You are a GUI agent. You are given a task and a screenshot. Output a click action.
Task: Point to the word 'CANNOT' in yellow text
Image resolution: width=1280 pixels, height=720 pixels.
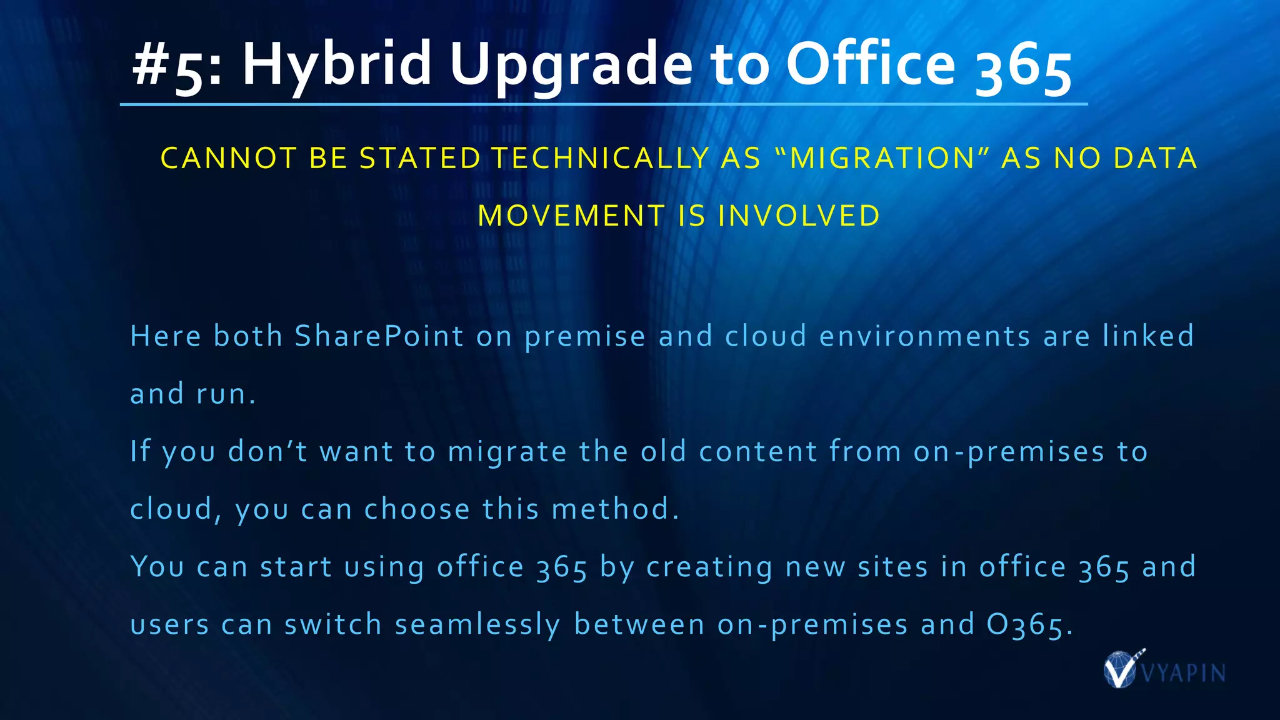(x=229, y=158)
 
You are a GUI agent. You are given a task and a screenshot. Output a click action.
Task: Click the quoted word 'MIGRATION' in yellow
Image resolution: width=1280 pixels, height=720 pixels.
(x=882, y=158)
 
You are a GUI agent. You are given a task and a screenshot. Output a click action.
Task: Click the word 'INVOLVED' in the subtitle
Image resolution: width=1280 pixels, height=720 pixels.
(x=799, y=216)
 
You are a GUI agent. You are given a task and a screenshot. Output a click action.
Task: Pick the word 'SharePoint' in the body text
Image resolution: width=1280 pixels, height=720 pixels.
(x=379, y=336)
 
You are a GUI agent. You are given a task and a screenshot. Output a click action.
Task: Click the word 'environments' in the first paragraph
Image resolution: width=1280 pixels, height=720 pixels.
(x=924, y=336)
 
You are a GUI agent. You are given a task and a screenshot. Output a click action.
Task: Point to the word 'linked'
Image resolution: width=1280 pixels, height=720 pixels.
(x=1148, y=336)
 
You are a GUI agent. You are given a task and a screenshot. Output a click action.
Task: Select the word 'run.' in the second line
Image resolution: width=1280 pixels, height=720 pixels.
(x=226, y=394)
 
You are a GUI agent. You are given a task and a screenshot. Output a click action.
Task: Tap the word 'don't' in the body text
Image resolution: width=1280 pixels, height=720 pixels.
(x=267, y=452)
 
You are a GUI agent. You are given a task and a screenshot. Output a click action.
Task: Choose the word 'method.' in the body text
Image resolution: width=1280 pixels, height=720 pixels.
(x=615, y=509)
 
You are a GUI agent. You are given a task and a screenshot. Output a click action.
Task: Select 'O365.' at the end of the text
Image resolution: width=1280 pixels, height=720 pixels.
(x=1029, y=625)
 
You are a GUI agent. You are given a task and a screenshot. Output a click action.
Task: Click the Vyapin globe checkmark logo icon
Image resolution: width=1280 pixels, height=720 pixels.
(x=1121, y=669)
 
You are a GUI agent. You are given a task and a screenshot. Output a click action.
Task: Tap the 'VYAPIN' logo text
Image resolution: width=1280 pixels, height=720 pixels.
(x=1183, y=673)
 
